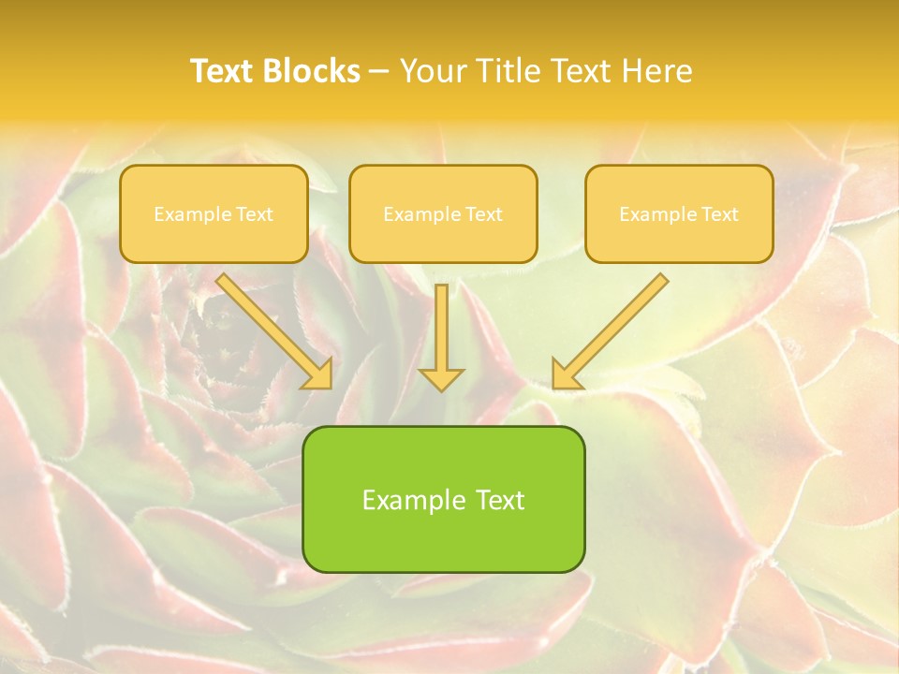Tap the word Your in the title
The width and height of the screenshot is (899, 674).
click(432, 71)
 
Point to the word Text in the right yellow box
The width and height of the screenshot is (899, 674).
click(720, 214)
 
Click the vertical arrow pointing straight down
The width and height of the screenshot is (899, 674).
click(441, 332)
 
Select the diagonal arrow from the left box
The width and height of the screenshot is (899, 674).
click(273, 329)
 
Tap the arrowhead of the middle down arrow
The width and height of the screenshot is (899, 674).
click(441, 378)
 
